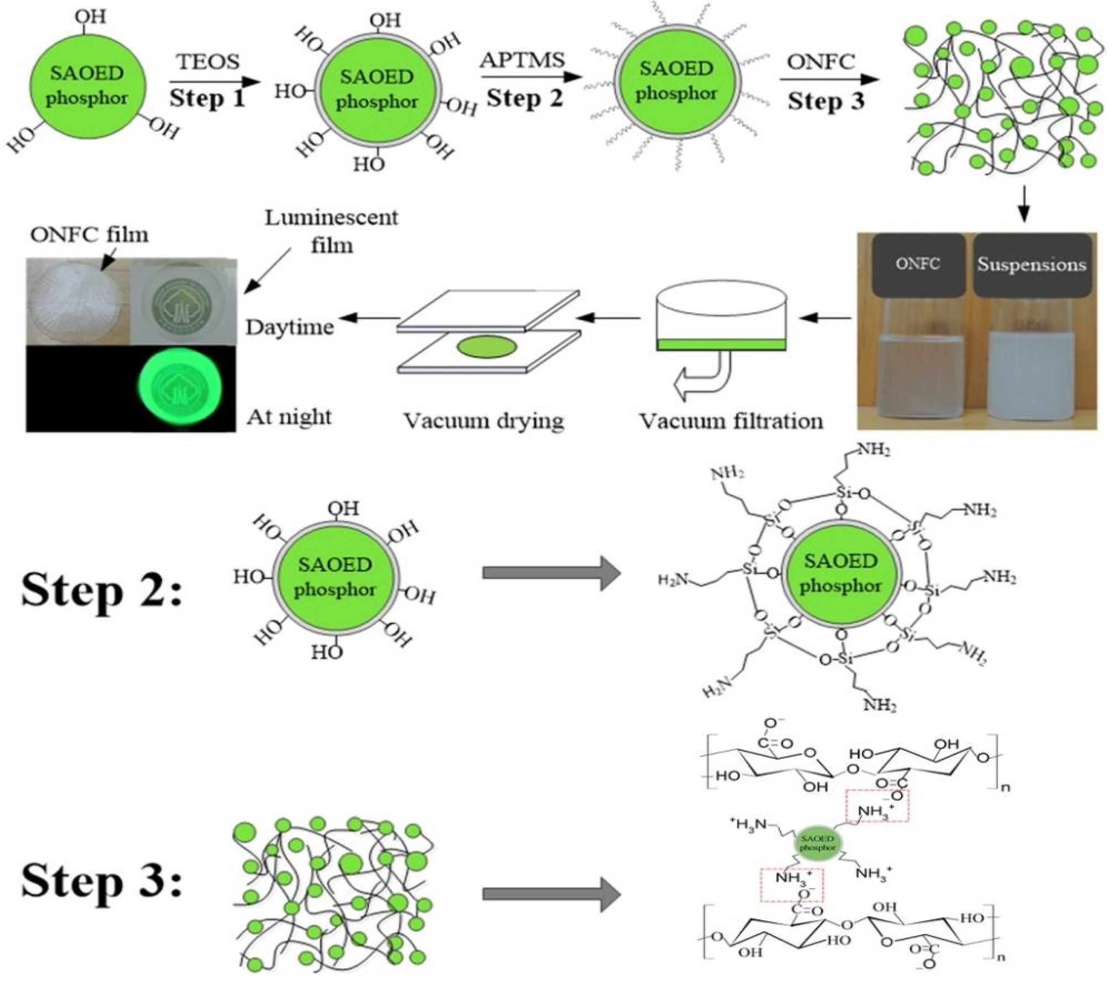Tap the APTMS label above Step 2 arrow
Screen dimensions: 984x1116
click(x=522, y=59)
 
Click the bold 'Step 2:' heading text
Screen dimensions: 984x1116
click(x=101, y=590)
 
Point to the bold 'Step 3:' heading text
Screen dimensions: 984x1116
click(x=101, y=880)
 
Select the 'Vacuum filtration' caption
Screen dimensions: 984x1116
click(x=731, y=421)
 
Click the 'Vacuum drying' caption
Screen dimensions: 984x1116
click(x=484, y=421)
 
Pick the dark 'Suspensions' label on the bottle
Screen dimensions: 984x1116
click(x=1031, y=265)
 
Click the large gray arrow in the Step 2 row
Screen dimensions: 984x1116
click(x=551, y=573)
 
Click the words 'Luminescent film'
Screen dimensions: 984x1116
click(x=331, y=231)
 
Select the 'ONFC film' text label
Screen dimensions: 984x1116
click(x=89, y=235)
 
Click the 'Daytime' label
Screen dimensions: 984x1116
click(x=289, y=327)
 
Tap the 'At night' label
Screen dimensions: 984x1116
click(x=289, y=417)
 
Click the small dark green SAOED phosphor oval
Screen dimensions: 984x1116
click(x=817, y=844)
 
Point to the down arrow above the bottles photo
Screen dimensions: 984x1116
click(x=1024, y=205)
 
